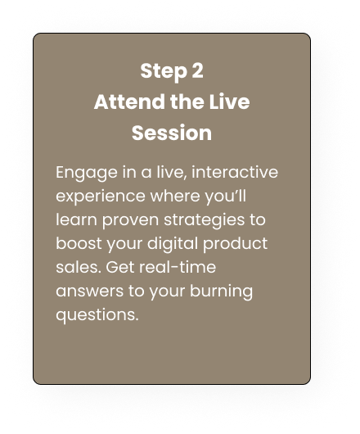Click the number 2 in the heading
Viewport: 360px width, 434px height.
pyautogui.click(x=197, y=70)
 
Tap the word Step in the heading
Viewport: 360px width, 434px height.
pyautogui.click(x=164, y=72)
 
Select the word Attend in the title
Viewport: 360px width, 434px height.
pyautogui.click(x=129, y=102)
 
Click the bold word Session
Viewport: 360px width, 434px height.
pyautogui.click(x=172, y=133)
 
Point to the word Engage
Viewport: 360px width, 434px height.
pyautogui.click(x=87, y=174)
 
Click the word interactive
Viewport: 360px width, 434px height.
pyautogui.click(x=235, y=172)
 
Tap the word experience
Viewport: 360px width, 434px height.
pyautogui.click(x=101, y=197)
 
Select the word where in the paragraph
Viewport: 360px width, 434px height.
pyautogui.click(x=175, y=196)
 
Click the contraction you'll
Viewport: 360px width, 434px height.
pyautogui.click(x=225, y=197)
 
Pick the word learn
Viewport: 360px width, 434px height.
pyautogui.click(x=76, y=219)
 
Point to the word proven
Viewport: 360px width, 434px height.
pyautogui.click(x=130, y=221)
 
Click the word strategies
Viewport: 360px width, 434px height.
pyautogui.click(x=204, y=221)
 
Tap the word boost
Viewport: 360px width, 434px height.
pyautogui.click(x=79, y=243)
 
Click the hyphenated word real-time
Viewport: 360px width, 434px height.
pyautogui.click(x=178, y=268)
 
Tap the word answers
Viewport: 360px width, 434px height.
pyautogui.click(x=89, y=292)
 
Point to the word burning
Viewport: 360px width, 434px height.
pyautogui.click(x=221, y=292)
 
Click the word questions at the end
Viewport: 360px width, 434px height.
pyautogui.click(x=97, y=316)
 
